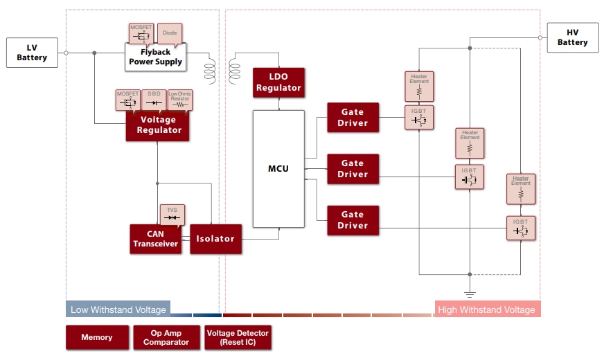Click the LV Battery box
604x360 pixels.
click(x=32, y=53)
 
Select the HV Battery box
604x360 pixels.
click(x=572, y=37)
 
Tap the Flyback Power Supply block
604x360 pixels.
click(x=155, y=57)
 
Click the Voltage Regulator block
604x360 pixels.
click(x=158, y=125)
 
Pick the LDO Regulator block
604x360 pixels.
click(x=278, y=82)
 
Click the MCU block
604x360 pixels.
click(x=278, y=168)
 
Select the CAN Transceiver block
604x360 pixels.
click(x=156, y=239)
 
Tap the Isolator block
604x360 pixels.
click(x=216, y=239)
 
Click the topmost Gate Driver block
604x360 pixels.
click(x=353, y=118)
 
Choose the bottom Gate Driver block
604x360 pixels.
click(x=353, y=221)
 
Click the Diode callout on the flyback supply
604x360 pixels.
click(x=170, y=33)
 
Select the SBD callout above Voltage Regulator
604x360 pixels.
click(x=154, y=98)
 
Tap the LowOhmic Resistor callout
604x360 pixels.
click(x=180, y=98)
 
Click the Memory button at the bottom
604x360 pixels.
click(x=97, y=337)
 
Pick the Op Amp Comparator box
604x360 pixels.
click(x=166, y=337)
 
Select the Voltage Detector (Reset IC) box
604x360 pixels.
click(x=236, y=337)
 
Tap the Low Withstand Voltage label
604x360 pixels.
click(x=118, y=309)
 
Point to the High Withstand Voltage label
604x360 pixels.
click(x=486, y=309)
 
